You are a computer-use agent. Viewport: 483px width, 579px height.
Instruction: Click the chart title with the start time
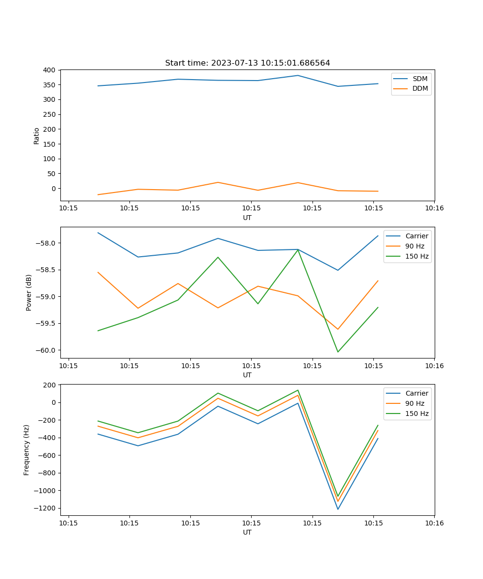click(x=247, y=63)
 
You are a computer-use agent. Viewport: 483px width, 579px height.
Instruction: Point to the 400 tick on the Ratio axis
click(x=49, y=70)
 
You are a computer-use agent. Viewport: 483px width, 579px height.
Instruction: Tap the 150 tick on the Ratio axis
click(x=49, y=144)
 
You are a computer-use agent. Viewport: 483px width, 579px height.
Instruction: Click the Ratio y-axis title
click(x=37, y=136)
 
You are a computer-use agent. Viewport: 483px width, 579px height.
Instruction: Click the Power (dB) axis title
click(x=29, y=292)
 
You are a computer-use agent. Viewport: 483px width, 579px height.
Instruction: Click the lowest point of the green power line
click(x=338, y=352)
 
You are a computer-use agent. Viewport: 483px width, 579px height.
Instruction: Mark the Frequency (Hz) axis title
click(x=27, y=450)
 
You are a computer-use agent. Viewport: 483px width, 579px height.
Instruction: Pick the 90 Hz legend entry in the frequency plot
click(x=415, y=403)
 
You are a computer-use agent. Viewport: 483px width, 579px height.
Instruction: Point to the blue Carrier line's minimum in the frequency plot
click(x=338, y=509)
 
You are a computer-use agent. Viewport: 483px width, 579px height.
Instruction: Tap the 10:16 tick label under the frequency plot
click(x=434, y=523)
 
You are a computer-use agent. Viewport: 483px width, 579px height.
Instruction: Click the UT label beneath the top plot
click(x=247, y=218)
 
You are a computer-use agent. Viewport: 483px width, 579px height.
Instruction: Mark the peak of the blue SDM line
click(x=298, y=75)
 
